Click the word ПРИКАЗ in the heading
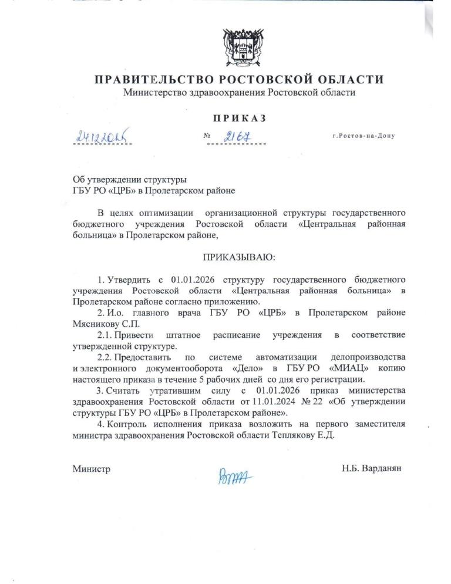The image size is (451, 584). pos(239,118)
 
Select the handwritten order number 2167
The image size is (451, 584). pos(237,136)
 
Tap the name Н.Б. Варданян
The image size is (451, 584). pos(372,468)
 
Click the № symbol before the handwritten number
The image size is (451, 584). pos(207,136)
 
